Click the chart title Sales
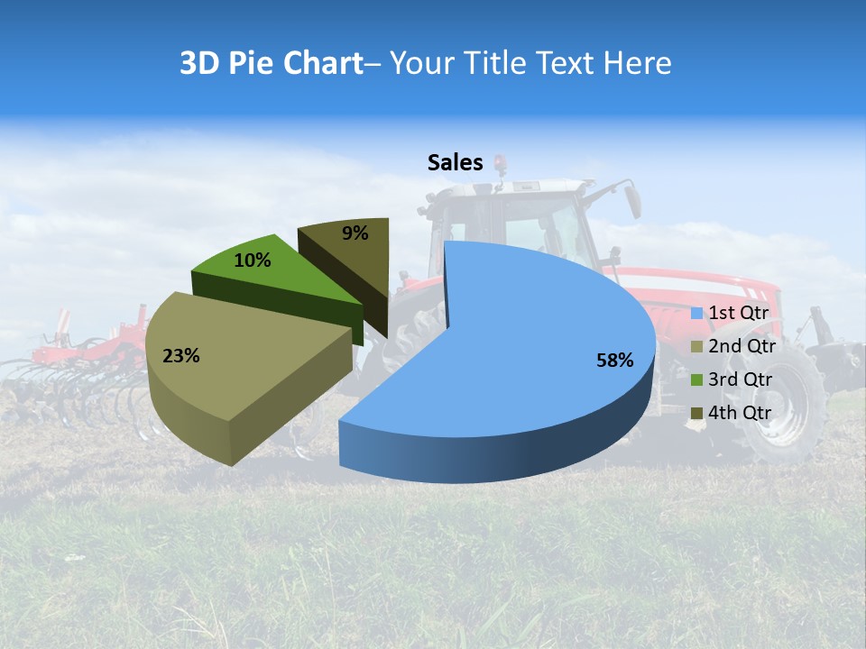(455, 162)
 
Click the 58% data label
(614, 361)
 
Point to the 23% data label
(180, 356)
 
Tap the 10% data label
(253, 261)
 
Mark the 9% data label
(355, 233)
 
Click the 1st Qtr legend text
(738, 313)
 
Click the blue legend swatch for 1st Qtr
(696, 314)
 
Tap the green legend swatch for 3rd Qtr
(696, 380)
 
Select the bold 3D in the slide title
(199, 63)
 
